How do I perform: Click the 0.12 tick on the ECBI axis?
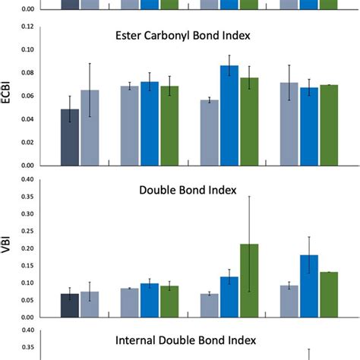click(28, 27)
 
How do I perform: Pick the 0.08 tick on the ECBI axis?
click(28, 73)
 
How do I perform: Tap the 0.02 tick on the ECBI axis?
click(28, 142)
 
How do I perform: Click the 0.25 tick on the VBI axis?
click(28, 231)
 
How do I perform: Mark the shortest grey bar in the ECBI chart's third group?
click(209, 133)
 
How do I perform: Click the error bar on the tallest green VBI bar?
click(249, 228)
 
